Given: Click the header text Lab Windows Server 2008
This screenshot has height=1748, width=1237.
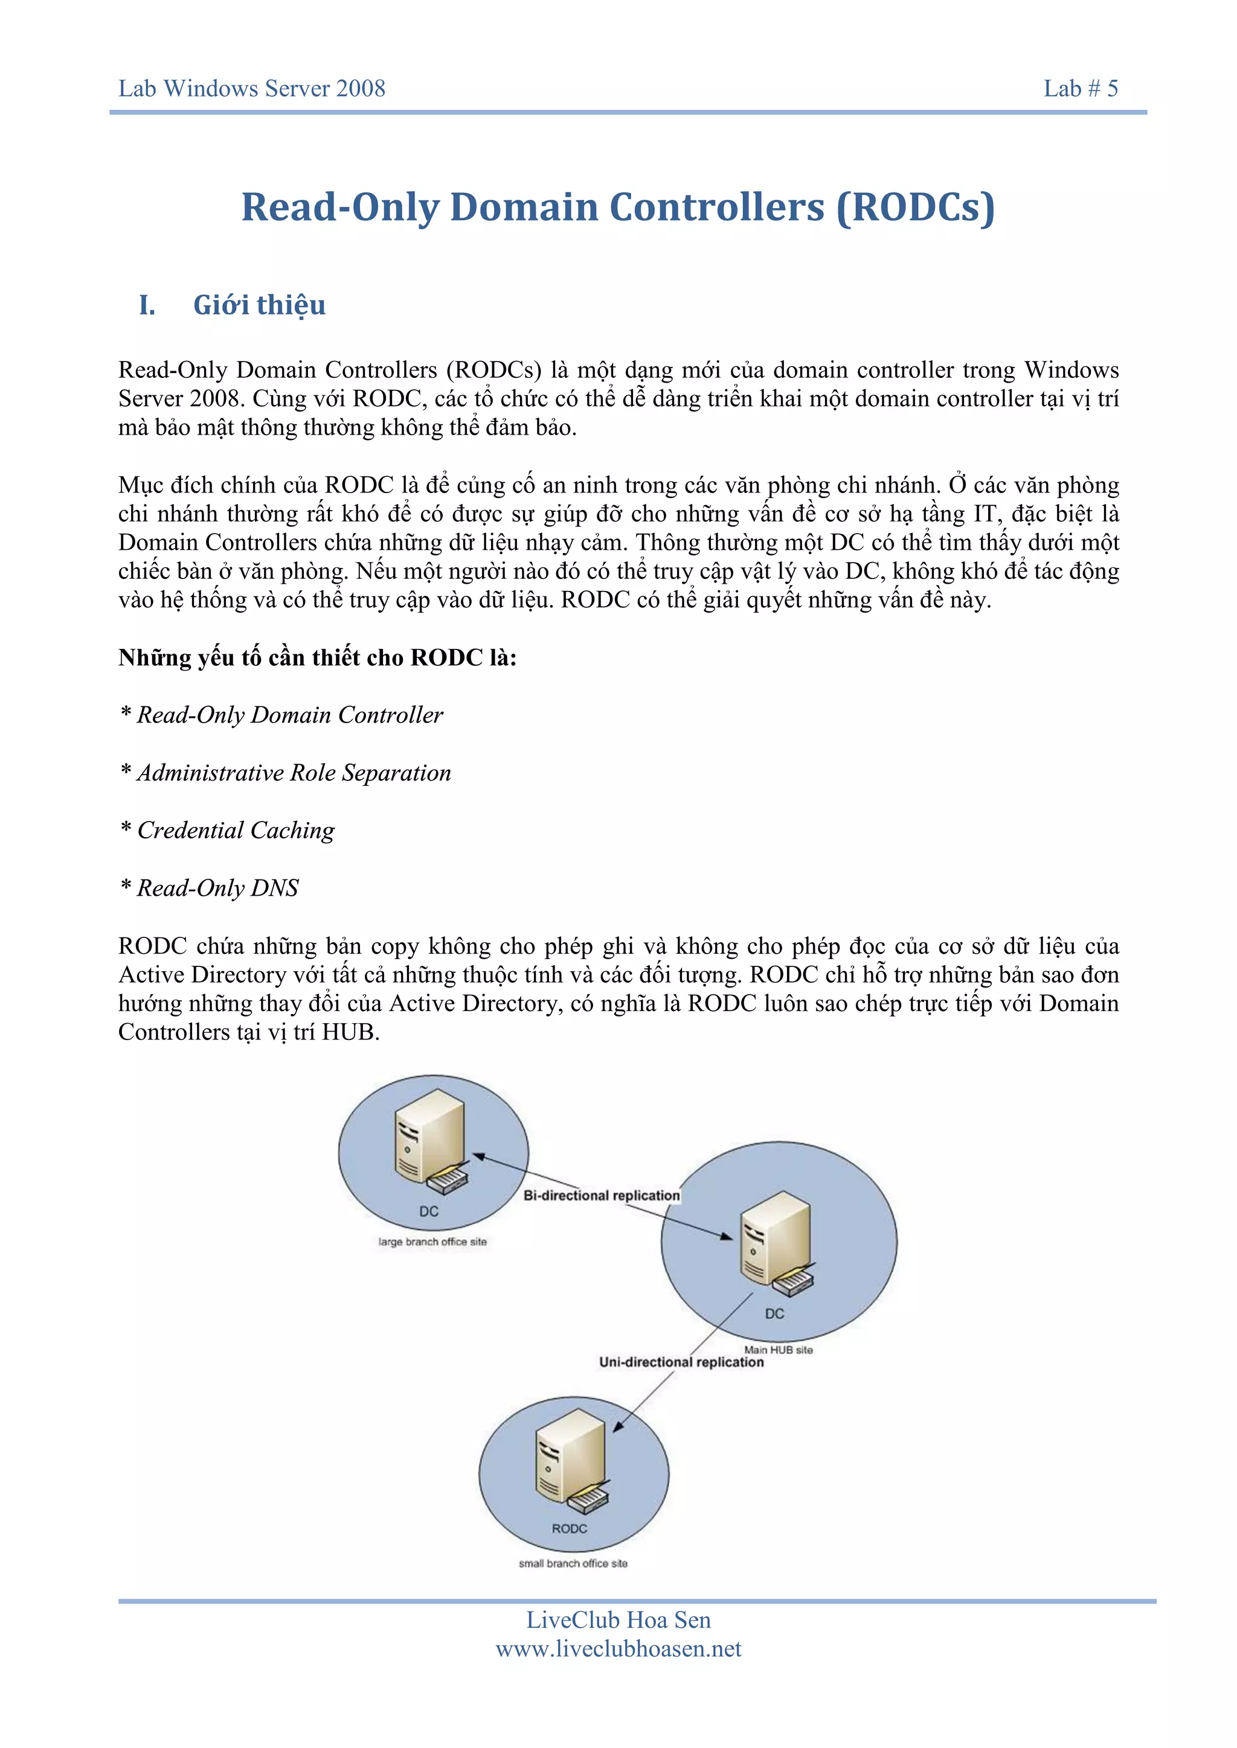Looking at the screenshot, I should pyautogui.click(x=251, y=89).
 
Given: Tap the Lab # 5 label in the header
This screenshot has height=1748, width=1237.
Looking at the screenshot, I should pyautogui.click(x=1080, y=89).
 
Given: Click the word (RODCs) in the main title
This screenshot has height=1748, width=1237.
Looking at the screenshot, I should pyautogui.click(x=915, y=207).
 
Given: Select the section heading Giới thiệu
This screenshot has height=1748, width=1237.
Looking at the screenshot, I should pyautogui.click(x=259, y=305).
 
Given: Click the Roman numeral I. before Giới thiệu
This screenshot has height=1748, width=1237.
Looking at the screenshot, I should pyautogui.click(x=147, y=305).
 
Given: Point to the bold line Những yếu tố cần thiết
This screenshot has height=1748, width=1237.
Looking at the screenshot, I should pyautogui.click(x=317, y=657).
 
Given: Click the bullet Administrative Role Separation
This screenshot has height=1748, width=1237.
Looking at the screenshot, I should pyautogui.click(x=294, y=773).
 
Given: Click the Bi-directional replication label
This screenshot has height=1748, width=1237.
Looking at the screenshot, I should pyautogui.click(x=601, y=1195).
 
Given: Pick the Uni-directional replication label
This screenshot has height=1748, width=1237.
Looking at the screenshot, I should pyautogui.click(x=681, y=1362).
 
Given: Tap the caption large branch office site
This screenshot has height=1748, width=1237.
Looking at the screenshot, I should pyautogui.click(x=432, y=1242).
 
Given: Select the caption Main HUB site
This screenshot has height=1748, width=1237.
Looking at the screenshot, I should pyautogui.click(x=778, y=1350).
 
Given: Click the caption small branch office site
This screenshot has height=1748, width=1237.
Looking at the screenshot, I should pyautogui.click(x=573, y=1563).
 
